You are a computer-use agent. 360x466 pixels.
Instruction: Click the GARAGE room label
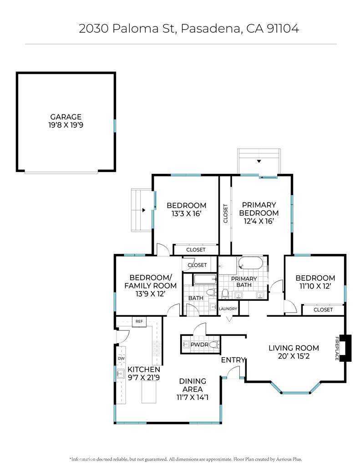66,117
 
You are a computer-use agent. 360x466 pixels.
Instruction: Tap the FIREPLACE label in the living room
337,348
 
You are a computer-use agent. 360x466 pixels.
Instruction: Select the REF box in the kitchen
139,322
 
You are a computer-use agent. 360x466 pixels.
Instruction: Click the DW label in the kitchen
121,359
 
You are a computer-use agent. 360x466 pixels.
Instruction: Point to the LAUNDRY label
228,309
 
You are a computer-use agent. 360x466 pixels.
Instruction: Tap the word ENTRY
233,360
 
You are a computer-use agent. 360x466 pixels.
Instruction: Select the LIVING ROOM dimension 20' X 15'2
294,356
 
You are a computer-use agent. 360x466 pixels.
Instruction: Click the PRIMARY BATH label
244,282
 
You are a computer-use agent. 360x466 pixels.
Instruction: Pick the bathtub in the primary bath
250,263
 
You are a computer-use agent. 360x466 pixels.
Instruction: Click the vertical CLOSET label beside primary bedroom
225,213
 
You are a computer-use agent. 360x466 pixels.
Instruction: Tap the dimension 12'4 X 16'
259,221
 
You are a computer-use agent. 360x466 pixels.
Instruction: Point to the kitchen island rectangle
149,392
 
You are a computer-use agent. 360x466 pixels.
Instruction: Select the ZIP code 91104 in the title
283,29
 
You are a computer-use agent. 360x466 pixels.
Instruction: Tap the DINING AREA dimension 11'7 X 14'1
193,397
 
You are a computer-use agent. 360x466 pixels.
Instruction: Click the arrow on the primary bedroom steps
259,161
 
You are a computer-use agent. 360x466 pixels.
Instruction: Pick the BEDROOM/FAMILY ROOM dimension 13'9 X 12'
151,294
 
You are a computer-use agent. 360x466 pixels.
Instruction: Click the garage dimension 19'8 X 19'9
66,125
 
